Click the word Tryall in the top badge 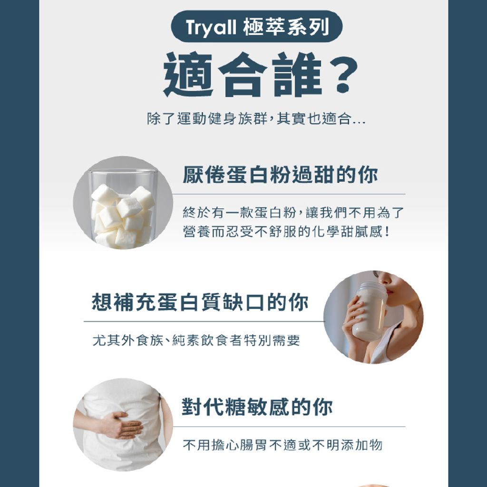[211, 27]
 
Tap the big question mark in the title [343, 75]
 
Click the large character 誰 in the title [297, 75]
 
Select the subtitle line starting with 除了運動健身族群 [256, 118]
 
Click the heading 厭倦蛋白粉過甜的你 [280, 175]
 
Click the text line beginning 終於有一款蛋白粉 [293, 213]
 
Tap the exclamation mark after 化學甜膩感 [387, 232]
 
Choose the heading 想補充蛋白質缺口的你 [200, 302]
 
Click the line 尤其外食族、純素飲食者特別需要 [196, 341]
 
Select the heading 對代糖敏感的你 [257, 407]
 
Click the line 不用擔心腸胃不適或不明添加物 [282, 445]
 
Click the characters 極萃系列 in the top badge [286, 27]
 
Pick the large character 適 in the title [188, 75]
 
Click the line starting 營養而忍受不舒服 [286, 232]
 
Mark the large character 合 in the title [243, 75]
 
